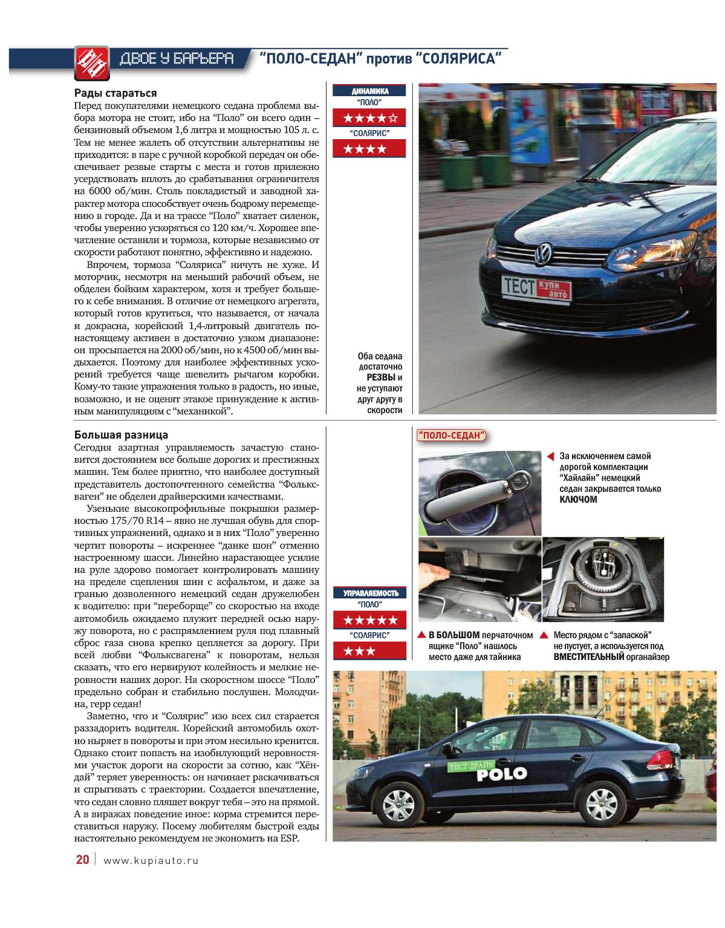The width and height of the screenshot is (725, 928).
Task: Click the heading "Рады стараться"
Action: pyautogui.click(x=115, y=93)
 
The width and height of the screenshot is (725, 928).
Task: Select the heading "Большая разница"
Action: pyautogui.click(x=121, y=434)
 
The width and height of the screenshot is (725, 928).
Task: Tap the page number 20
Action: pyautogui.click(x=82, y=860)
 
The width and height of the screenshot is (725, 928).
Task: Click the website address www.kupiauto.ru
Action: pyautogui.click(x=151, y=860)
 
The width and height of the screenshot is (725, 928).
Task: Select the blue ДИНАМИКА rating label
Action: pyautogui.click(x=369, y=91)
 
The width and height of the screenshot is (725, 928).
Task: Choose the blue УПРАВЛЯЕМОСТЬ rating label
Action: pyautogui.click(x=369, y=593)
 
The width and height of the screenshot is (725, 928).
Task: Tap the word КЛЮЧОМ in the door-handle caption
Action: pyautogui.click(x=578, y=500)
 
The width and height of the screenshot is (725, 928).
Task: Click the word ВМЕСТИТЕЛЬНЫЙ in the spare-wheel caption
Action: pyautogui.click(x=588, y=657)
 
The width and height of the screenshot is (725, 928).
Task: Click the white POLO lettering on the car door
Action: pyautogui.click(x=501, y=774)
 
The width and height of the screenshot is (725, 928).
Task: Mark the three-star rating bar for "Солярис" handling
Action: pyautogui.click(x=369, y=651)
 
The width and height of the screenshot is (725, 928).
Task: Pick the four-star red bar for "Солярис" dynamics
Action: pyautogui.click(x=369, y=149)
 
